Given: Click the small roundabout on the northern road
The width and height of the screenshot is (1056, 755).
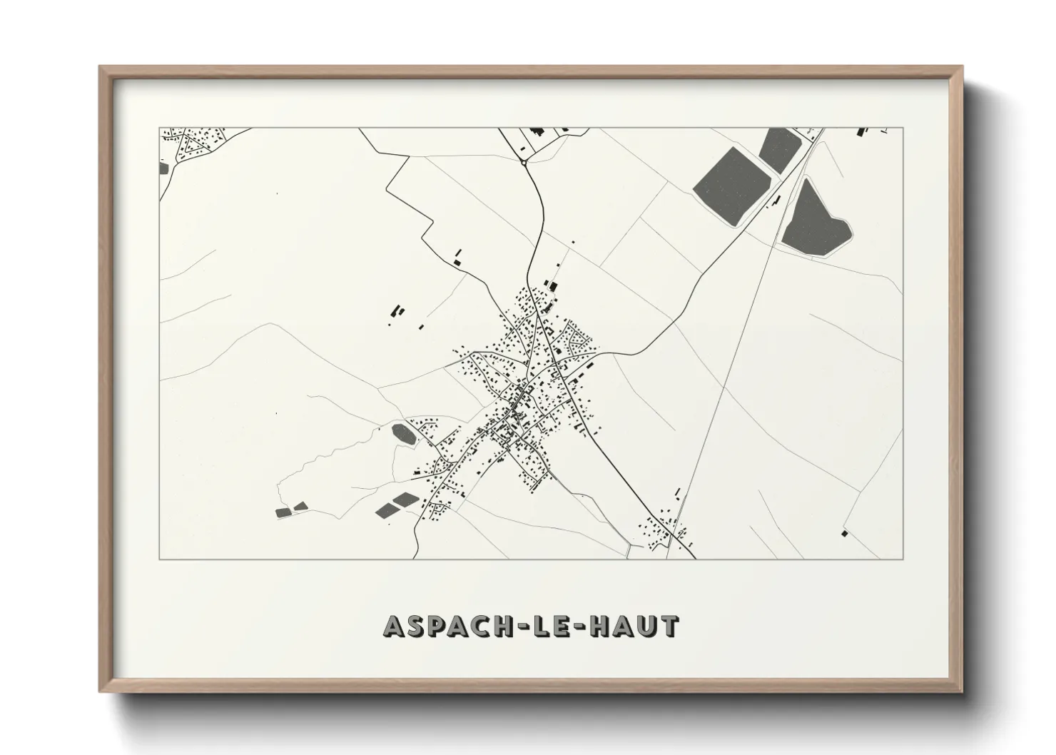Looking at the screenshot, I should click(524, 163).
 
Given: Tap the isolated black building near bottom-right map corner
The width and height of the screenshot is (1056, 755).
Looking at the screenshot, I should click(846, 532).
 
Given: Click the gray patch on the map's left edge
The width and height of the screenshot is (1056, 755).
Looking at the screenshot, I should click(164, 168).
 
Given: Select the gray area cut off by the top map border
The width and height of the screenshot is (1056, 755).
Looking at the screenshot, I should click(779, 148).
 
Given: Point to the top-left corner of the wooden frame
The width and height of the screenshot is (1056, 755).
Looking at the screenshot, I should click(101, 68).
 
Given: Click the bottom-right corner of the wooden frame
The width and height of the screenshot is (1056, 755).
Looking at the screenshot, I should click(962, 690).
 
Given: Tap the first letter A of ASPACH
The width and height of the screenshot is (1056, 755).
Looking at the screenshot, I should click(393, 627).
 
